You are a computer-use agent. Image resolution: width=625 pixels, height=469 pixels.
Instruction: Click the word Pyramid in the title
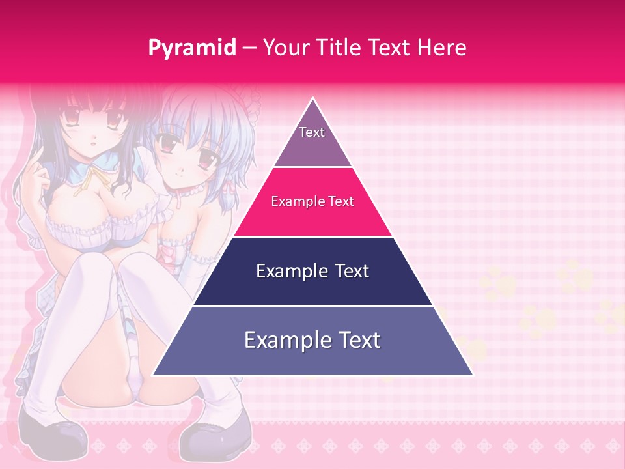pyautogui.click(x=192, y=48)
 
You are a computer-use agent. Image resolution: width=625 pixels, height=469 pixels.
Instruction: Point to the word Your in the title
pyautogui.click(x=286, y=48)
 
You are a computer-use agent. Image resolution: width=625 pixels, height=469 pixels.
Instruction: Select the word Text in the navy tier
pyautogui.click(x=352, y=271)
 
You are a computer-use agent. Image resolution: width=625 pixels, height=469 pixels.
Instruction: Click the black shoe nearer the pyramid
pyautogui.click(x=215, y=433)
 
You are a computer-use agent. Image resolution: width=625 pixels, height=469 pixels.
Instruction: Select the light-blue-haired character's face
pyautogui.click(x=182, y=156)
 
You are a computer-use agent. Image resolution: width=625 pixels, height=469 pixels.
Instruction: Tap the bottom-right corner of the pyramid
pyautogui.click(x=472, y=375)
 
